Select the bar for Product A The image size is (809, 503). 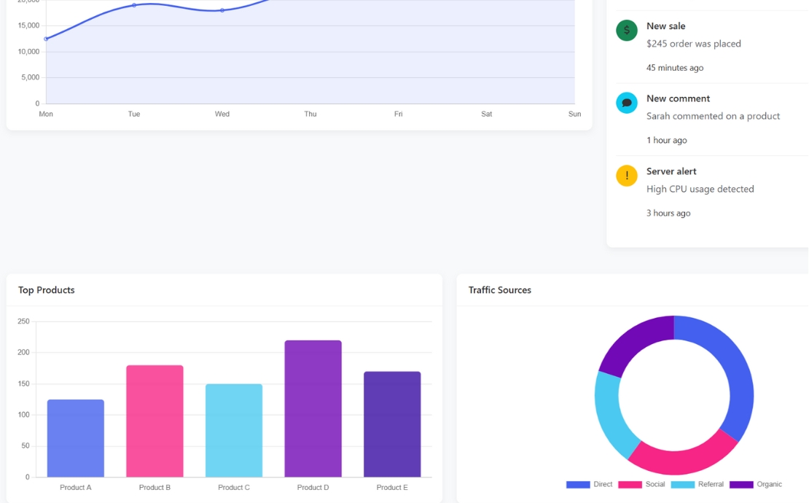point(76,438)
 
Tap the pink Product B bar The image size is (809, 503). point(155,421)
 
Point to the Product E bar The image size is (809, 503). point(392,424)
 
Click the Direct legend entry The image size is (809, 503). point(590,485)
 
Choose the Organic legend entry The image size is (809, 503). point(756,485)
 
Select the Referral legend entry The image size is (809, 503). point(697,485)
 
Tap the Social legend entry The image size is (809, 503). point(642,485)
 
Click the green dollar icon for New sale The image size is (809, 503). point(627,31)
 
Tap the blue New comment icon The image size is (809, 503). point(627,103)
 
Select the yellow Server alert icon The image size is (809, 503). point(627,176)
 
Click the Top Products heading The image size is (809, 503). point(47,290)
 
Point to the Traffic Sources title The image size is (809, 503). point(500,290)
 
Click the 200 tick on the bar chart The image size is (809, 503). point(24,353)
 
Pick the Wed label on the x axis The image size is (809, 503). point(222,114)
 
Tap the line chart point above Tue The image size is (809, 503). point(134,5)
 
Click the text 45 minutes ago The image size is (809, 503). point(675,68)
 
